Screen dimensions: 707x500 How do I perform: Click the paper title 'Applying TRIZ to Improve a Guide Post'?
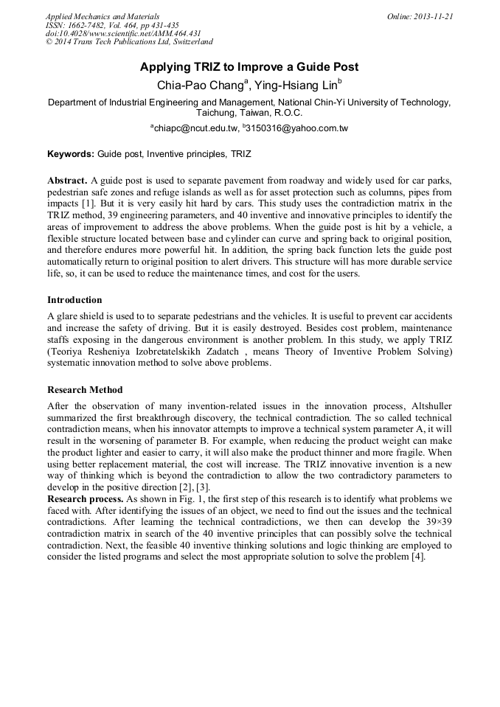[249, 67]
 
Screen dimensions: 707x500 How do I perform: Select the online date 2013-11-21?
[434, 16]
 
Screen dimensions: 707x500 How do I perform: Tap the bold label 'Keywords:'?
[71, 155]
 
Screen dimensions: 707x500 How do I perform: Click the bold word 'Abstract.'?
[68, 181]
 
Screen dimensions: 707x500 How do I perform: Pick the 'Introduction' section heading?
[74, 300]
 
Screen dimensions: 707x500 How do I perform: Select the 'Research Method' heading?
[85, 389]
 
